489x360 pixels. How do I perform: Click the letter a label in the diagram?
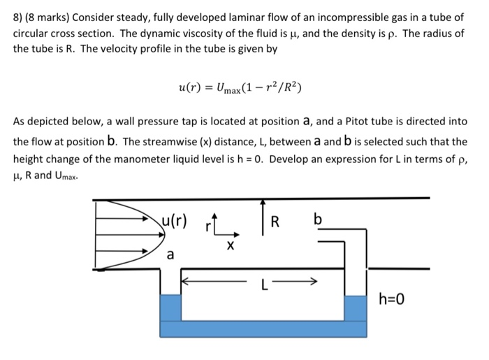click(x=169, y=255)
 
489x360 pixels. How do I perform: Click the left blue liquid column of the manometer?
click(x=170, y=308)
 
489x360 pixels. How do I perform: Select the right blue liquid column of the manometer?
click(x=356, y=308)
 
